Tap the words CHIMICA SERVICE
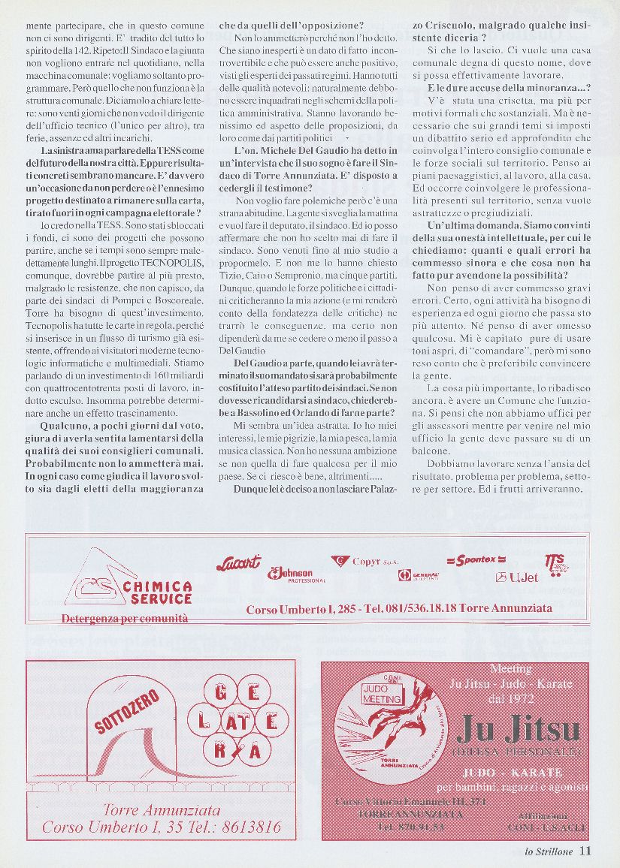click(147, 592)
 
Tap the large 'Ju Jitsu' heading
click(518, 728)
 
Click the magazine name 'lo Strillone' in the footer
click(549, 851)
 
